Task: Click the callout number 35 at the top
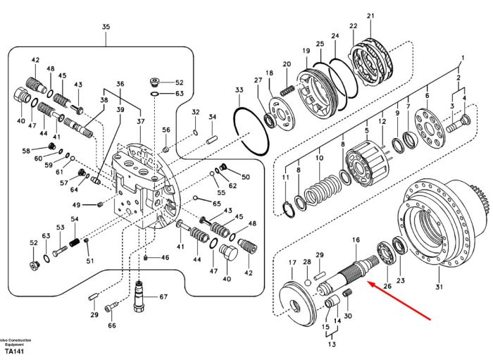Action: (x=106, y=27)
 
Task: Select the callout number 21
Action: (x=370, y=15)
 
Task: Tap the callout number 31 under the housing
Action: (x=439, y=287)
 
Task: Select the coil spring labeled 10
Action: (x=323, y=191)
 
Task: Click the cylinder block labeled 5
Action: (x=366, y=164)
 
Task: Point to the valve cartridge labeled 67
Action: (x=139, y=297)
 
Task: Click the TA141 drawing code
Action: (x=15, y=352)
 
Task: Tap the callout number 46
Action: (x=166, y=258)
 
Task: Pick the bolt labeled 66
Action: (x=111, y=306)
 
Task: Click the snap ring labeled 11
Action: (x=289, y=209)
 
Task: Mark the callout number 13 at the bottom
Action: (x=332, y=345)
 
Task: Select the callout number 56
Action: (x=166, y=130)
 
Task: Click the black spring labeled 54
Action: (x=75, y=242)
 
